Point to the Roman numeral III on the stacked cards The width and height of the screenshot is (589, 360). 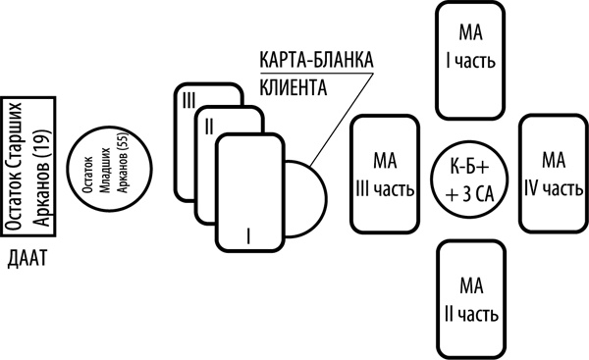point(189,97)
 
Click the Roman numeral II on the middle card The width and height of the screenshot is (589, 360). point(207,126)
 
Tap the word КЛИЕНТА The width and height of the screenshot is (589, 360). point(292,85)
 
